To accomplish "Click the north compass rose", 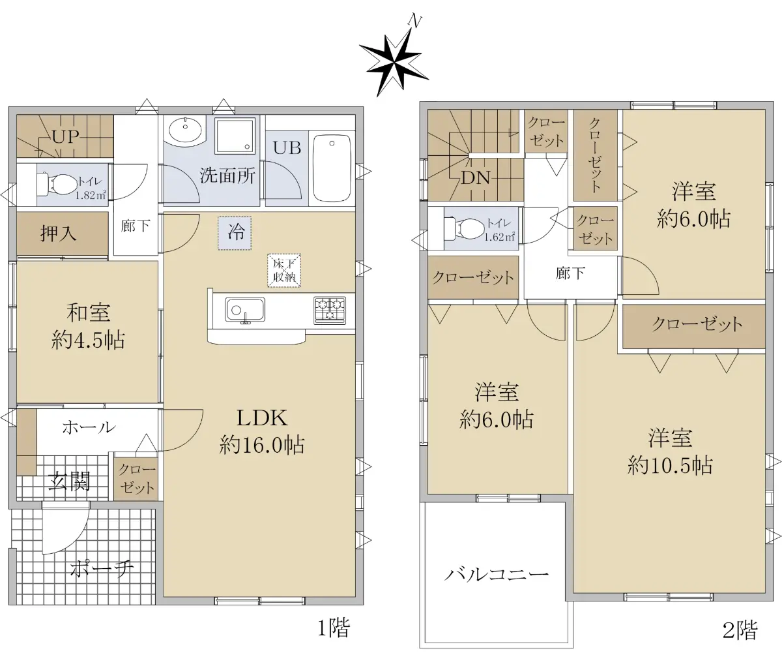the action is click(394, 63).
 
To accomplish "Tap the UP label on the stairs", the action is click(65, 137).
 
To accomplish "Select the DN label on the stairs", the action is click(475, 177).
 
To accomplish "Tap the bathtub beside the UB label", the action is click(332, 168).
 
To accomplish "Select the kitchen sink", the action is click(245, 310).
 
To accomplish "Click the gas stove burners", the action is click(330, 310).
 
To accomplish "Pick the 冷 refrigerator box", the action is click(235, 233).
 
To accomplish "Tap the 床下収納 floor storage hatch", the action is click(284, 271).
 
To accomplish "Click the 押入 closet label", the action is click(58, 234).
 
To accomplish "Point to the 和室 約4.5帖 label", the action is click(88, 326).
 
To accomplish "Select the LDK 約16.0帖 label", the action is click(261, 431).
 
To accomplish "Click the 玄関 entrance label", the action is click(70, 481).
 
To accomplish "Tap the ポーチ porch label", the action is click(102, 569).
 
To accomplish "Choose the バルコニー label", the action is click(496, 574).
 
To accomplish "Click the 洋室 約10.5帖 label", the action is click(670, 451).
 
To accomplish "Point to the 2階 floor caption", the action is click(740, 630).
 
